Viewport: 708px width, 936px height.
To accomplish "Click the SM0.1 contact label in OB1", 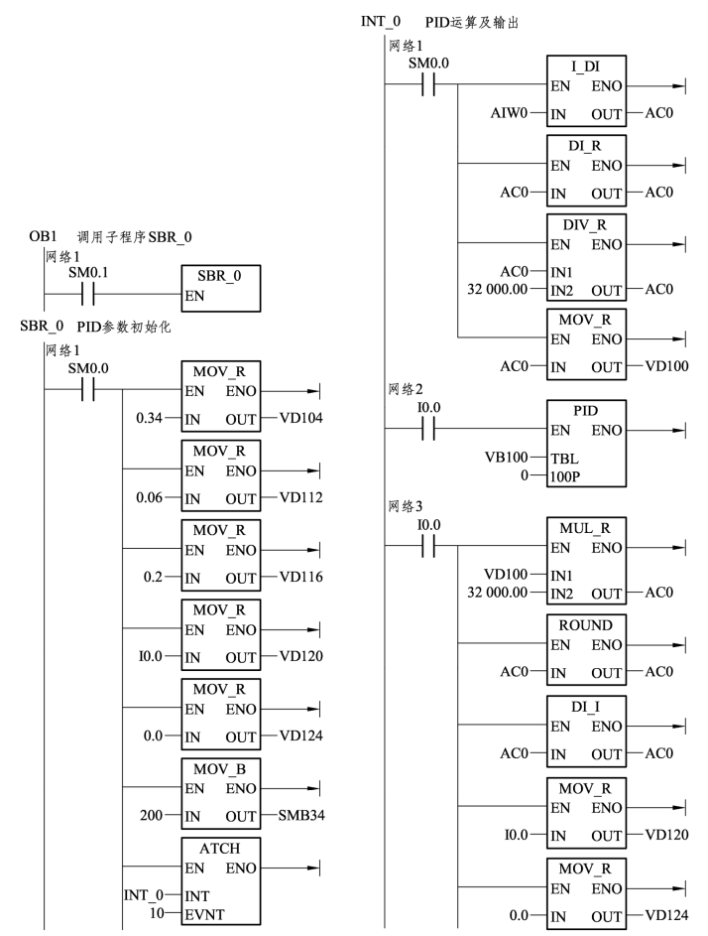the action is (x=88, y=273).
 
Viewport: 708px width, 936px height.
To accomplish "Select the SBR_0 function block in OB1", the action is (x=221, y=288).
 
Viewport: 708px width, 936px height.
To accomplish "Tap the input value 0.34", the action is (x=149, y=418).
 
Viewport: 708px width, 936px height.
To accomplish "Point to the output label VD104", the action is (x=301, y=418).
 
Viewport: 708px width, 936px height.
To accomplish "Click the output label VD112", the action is (x=301, y=497).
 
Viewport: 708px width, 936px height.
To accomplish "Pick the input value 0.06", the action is (x=149, y=497).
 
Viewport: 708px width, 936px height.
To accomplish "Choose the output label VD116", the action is (x=301, y=577).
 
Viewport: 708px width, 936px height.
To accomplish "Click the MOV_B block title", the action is (x=219, y=769).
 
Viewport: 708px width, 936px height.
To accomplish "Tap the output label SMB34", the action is (x=301, y=815).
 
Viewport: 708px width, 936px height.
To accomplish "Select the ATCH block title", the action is (x=219, y=849).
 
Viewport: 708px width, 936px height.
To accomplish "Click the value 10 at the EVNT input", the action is (x=157, y=913).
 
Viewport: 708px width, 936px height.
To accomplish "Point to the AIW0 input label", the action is (x=509, y=113).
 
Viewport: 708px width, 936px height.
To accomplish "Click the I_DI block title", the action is (x=586, y=67).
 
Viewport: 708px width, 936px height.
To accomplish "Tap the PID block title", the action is (x=586, y=411).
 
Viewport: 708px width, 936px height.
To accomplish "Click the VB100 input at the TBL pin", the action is (x=507, y=458).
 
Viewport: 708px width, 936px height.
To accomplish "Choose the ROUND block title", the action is (x=586, y=625).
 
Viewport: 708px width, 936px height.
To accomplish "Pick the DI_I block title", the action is (x=586, y=707).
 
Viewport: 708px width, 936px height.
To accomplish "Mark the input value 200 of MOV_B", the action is (x=151, y=815).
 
